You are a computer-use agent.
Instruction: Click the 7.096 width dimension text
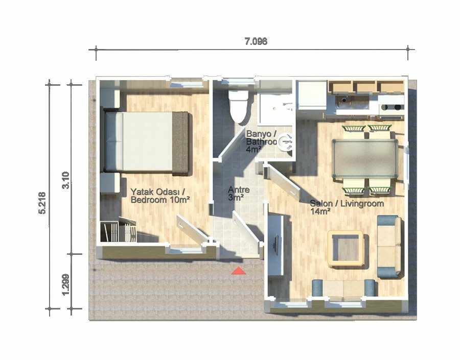256,41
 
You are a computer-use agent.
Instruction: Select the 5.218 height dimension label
42,203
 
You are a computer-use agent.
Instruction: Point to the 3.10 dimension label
66,180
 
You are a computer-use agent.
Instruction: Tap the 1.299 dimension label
66,284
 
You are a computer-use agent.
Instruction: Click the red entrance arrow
239,271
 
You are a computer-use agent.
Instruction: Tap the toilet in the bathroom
238,106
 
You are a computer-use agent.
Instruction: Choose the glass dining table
364,159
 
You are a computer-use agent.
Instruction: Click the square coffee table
346,249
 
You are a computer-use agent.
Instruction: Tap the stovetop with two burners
392,107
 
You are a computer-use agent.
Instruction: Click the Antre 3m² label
239,194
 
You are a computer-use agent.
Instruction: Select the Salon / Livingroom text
347,203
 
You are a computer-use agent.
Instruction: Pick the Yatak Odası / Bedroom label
158,196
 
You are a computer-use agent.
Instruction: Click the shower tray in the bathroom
274,108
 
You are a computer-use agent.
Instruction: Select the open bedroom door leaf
192,228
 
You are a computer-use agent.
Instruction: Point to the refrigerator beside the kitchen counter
312,95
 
